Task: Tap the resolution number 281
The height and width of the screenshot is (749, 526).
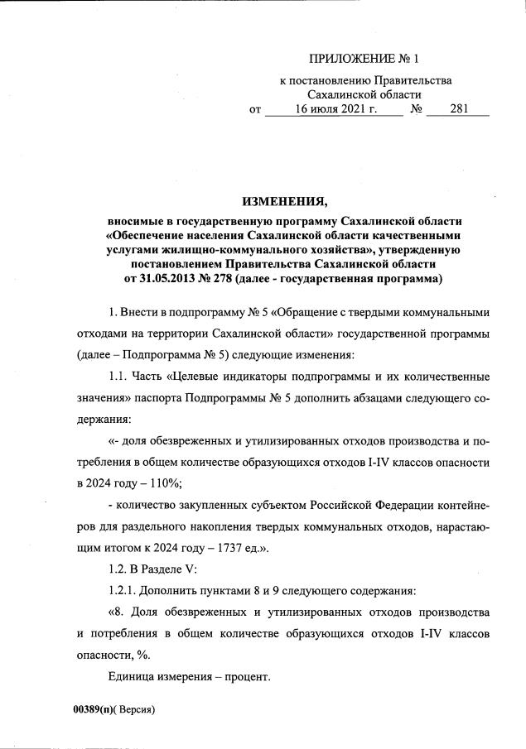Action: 459,108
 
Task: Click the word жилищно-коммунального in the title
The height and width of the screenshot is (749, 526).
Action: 249,249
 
